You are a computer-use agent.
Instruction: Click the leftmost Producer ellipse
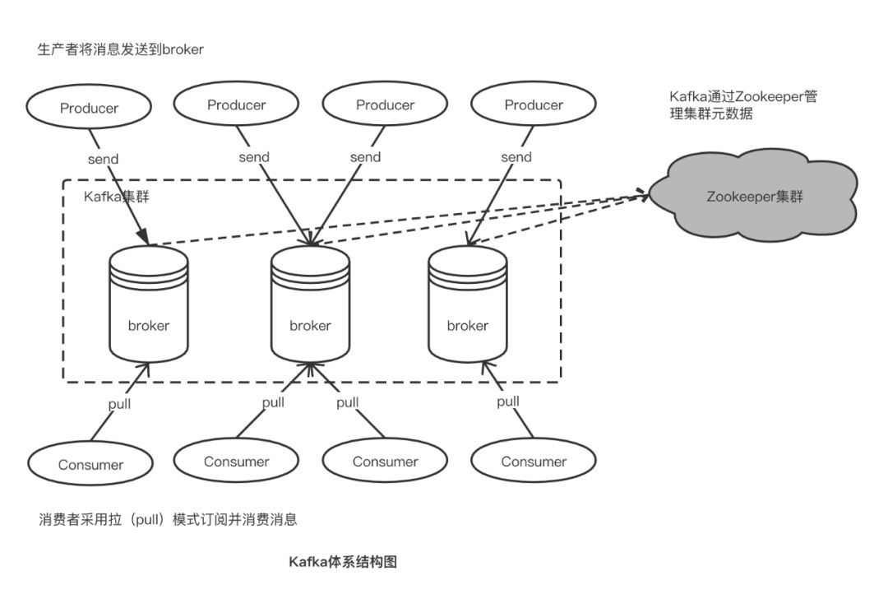tap(90, 108)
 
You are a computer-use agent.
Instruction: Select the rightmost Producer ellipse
tap(534, 105)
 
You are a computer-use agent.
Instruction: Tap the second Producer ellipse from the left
tap(237, 104)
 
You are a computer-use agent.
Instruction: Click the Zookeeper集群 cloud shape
tap(754, 197)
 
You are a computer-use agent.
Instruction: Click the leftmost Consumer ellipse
tap(90, 464)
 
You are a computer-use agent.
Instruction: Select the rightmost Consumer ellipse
tap(534, 462)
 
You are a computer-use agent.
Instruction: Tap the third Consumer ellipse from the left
tap(385, 462)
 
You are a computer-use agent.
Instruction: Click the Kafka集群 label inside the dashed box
tap(115, 197)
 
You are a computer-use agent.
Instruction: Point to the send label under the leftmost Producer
tap(103, 159)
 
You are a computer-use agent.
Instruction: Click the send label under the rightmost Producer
tap(516, 156)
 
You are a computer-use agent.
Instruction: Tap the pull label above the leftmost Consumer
tap(119, 404)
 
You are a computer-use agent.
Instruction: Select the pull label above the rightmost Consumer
tap(508, 401)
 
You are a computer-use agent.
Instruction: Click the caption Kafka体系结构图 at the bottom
tap(343, 562)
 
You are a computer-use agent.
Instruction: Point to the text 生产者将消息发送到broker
tap(121, 49)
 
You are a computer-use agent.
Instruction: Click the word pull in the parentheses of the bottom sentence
tap(150, 519)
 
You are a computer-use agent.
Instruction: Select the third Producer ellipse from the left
tap(385, 105)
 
